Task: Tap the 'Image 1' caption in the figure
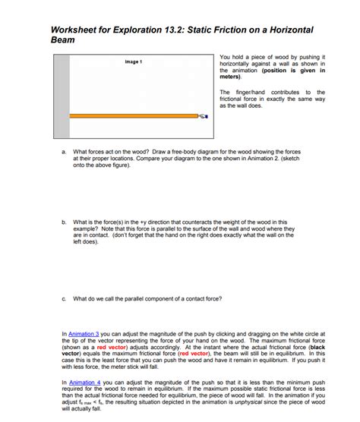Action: (x=131, y=61)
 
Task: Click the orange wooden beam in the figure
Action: (x=133, y=116)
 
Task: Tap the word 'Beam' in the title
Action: (x=62, y=39)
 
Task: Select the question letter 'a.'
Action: (x=63, y=151)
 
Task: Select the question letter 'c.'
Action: (x=63, y=298)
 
